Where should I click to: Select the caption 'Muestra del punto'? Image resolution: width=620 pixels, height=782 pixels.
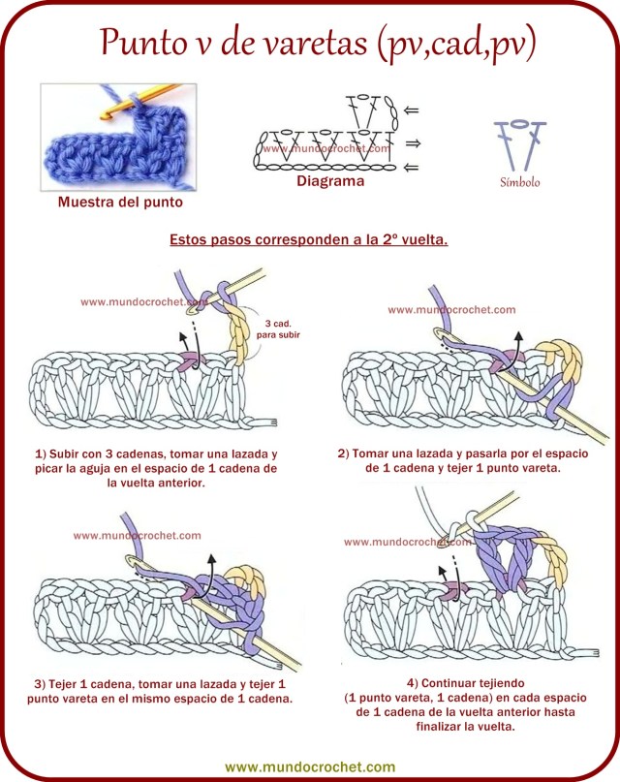click(119, 203)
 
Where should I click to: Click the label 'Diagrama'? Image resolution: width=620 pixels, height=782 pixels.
click(330, 181)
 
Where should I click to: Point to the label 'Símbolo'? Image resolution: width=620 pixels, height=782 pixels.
click(520, 182)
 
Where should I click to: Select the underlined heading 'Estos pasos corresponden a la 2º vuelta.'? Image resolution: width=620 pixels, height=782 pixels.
click(308, 239)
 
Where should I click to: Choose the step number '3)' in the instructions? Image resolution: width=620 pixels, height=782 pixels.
click(41, 684)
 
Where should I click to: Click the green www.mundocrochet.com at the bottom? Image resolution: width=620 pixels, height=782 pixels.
click(310, 765)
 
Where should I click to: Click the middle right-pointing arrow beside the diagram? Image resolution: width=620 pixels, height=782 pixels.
click(411, 142)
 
